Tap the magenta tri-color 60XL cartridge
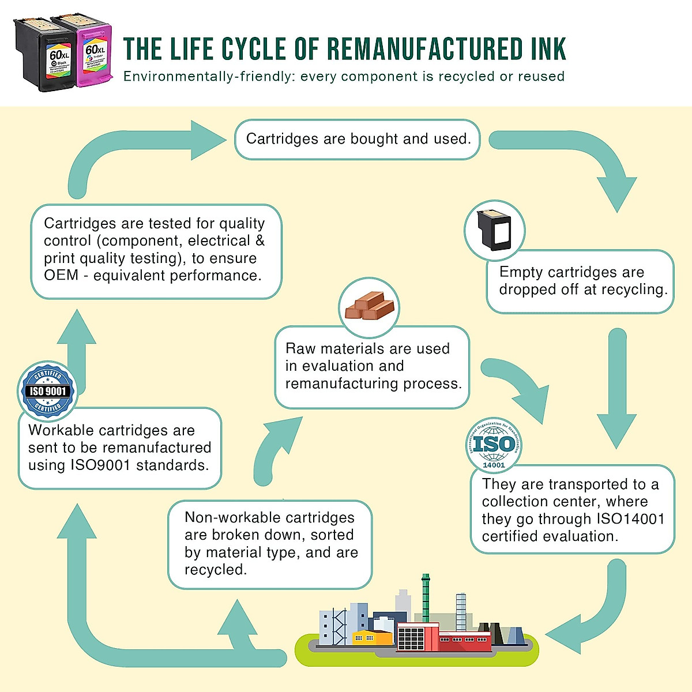pos(92,52)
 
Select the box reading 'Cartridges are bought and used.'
pos(358,139)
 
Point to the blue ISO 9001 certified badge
pos(47,391)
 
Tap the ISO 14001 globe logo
pos(494,445)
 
